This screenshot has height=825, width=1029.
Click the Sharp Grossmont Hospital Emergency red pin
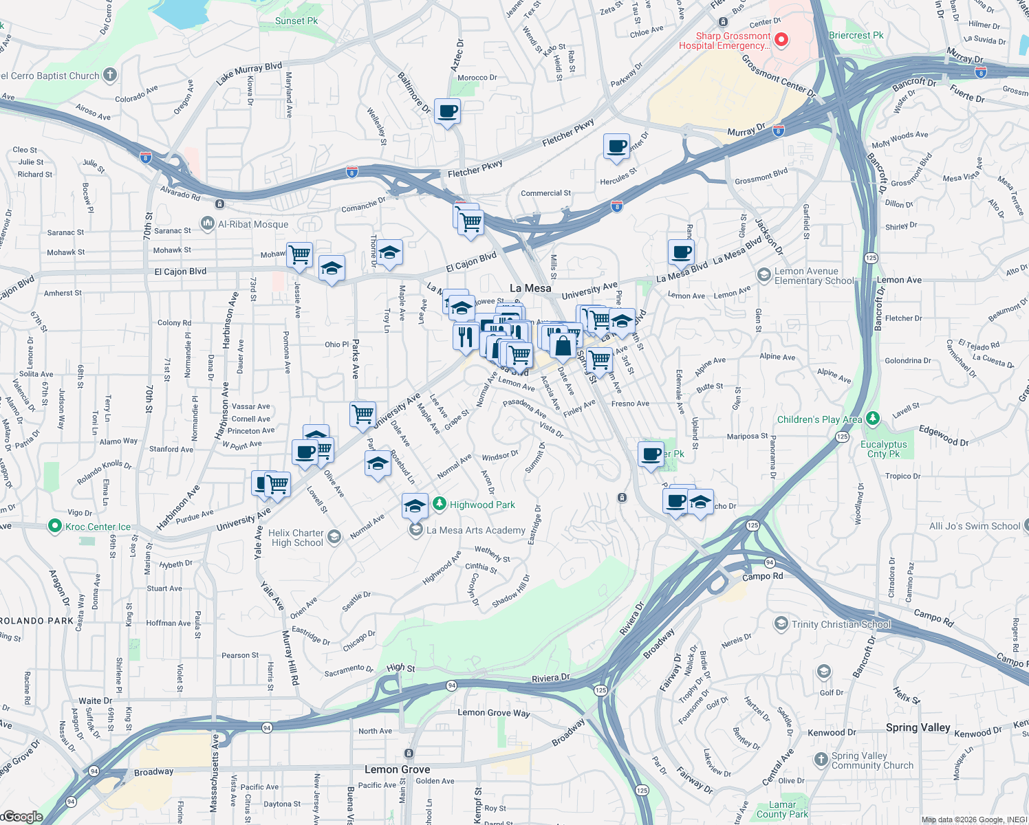coord(781,40)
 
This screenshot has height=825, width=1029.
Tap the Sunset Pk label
coord(296,21)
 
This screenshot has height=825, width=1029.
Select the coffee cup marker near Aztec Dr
coord(447,111)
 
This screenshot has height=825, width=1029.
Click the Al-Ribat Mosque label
coord(253,224)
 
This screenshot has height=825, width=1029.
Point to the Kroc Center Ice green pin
coord(55,526)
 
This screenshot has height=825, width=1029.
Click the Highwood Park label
coord(482,505)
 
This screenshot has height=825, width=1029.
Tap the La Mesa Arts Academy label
coord(475,530)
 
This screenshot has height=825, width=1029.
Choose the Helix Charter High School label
coord(296,538)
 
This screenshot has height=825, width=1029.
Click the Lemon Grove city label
coord(397,769)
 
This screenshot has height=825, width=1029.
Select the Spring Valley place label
coord(918,727)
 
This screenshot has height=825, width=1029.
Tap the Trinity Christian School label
coord(841,624)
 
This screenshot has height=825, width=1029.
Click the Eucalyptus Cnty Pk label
coord(883,449)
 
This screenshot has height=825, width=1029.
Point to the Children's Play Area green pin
coord(873,418)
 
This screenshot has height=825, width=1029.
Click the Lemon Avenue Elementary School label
coord(814,276)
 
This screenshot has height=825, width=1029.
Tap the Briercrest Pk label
coord(856,35)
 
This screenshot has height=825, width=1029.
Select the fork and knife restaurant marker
coord(466,336)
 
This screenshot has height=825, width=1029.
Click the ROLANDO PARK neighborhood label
coord(36,621)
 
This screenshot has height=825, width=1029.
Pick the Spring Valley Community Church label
coord(872,760)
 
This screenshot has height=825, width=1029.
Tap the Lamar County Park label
coord(782,809)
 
